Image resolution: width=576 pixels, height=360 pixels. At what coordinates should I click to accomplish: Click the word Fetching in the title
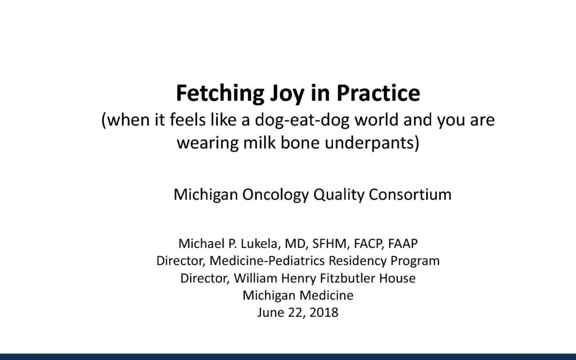click(215, 94)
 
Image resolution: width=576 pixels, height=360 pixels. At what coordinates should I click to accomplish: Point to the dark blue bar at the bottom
click(288, 356)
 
